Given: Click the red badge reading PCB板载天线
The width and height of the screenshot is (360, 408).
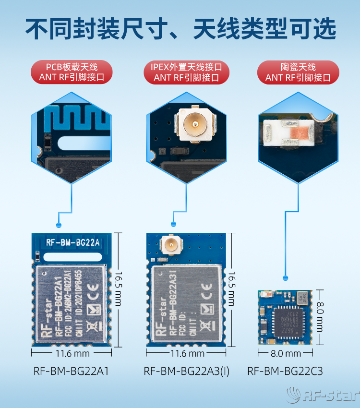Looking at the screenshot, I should (x=72, y=72).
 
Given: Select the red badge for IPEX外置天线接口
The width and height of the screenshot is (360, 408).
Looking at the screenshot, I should (x=186, y=72).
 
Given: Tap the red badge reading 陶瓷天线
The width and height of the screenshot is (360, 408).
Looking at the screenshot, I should (x=298, y=72).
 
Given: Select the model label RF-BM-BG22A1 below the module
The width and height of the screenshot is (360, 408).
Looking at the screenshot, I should (x=71, y=371).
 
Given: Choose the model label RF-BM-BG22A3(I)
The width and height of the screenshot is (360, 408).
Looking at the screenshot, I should (x=186, y=371).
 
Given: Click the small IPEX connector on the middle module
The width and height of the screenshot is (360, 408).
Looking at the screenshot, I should (x=169, y=246).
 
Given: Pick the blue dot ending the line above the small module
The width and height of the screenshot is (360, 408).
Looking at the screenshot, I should (x=286, y=277).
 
